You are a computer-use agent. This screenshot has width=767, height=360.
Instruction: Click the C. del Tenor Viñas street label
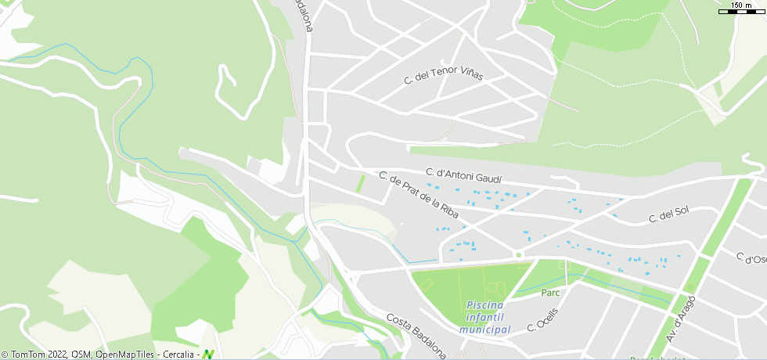(443, 71)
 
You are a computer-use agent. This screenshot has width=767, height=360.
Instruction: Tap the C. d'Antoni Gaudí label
(463, 175)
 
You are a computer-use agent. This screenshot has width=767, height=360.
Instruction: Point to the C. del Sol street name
(668, 214)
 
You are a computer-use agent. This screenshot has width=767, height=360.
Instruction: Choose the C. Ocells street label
(542, 318)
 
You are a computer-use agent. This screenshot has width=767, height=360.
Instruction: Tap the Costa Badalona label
(416, 336)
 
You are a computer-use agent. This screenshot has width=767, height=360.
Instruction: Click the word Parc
(550, 293)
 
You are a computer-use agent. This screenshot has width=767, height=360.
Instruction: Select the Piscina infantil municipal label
(484, 317)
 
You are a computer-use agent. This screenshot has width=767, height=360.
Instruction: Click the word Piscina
(484, 304)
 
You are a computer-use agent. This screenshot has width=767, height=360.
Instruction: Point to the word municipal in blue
(484, 329)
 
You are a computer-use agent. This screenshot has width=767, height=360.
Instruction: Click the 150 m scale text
(741, 5)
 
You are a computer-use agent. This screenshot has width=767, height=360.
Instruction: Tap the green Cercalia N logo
(208, 354)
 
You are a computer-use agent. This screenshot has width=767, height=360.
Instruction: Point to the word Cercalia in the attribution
(178, 355)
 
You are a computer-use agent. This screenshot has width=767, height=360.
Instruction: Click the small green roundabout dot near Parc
(518, 254)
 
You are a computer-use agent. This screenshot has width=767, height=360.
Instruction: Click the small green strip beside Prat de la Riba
(361, 184)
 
